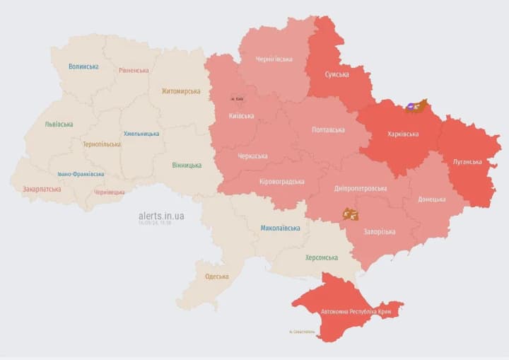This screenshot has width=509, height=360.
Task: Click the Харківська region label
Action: [x=403, y=134]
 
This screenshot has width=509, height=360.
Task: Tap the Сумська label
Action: [x=337, y=74]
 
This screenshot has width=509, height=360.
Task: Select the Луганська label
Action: [x=467, y=162]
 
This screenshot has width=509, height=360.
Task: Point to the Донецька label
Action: [x=431, y=199]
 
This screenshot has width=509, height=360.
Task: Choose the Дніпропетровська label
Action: [x=361, y=189]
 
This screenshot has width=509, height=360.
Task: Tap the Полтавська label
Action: [x=328, y=130]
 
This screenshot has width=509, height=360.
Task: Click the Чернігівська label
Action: [x=274, y=59]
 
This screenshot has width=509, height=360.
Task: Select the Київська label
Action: [x=242, y=115]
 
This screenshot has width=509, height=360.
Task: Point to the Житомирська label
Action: [x=180, y=91]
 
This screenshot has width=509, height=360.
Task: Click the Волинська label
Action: [x=83, y=66]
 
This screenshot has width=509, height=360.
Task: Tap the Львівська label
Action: [x=59, y=124]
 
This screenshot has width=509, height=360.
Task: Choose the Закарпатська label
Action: [x=42, y=190]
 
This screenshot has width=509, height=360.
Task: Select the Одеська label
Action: [x=216, y=277]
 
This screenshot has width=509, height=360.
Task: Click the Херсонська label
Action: [x=321, y=257]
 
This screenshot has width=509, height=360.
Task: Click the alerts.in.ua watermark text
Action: [x=161, y=216]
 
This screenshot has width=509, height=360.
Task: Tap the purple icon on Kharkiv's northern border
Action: [x=410, y=107]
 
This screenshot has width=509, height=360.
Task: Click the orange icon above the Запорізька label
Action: [x=350, y=214]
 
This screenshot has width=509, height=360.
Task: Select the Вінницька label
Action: [x=187, y=166]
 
